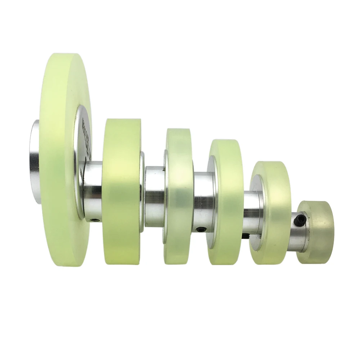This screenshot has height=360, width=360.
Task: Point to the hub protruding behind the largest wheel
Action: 35,162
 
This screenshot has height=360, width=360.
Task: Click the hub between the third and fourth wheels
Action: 204,202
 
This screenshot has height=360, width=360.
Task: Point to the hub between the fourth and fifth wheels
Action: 252,212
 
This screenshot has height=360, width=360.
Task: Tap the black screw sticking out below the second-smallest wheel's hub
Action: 246,236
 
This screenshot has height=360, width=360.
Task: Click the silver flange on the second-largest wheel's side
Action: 142,191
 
